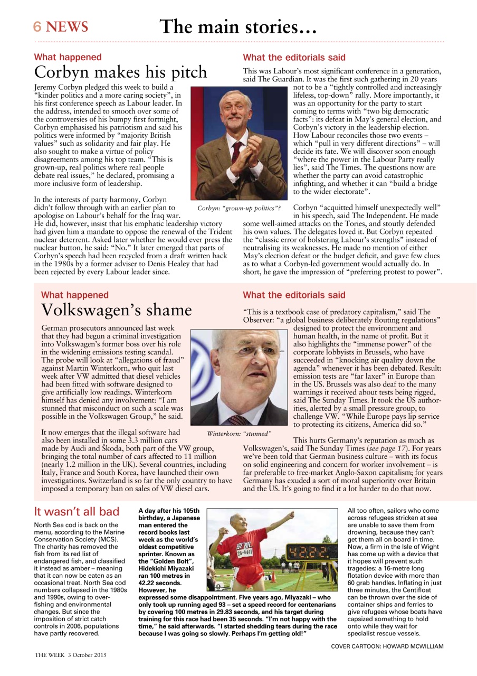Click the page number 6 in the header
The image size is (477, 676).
(x=37, y=27)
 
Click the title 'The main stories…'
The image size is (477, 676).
(x=238, y=26)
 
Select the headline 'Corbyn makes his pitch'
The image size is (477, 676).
(x=121, y=72)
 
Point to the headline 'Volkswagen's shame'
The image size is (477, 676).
(x=116, y=310)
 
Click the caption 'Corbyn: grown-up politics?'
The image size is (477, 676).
(x=238, y=208)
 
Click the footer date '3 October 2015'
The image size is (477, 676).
(x=87, y=655)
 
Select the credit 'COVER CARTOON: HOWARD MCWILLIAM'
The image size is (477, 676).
(x=387, y=646)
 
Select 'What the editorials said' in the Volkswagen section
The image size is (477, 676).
(x=294, y=295)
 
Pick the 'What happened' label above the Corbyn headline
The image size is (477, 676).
(x=68, y=57)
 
